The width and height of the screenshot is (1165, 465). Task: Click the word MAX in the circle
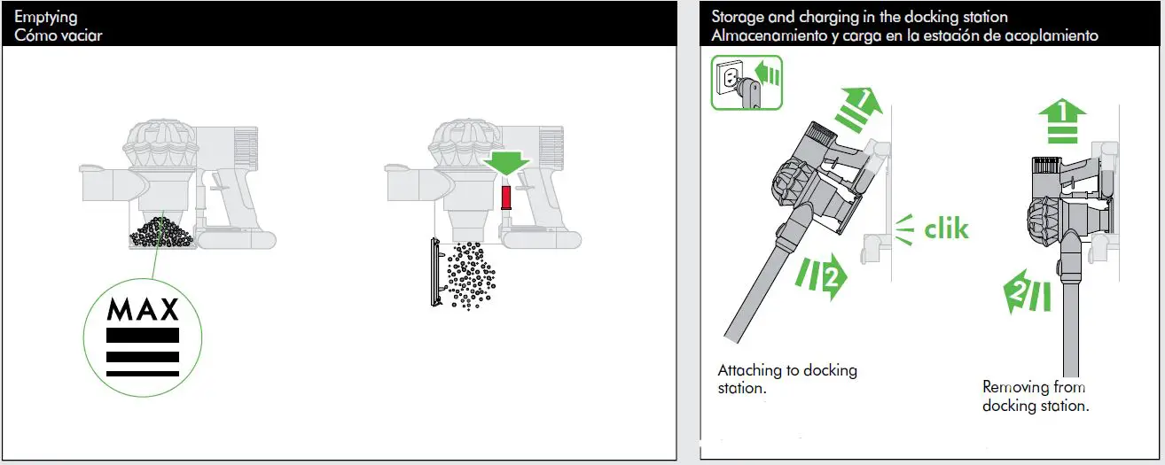click(143, 309)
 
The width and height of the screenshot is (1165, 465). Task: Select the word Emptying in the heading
click(45, 17)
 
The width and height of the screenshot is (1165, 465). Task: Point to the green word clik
click(946, 229)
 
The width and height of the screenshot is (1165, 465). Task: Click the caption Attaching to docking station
click(786, 379)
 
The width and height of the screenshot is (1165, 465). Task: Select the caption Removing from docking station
click(1035, 396)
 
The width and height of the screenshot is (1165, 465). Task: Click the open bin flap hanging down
click(436, 272)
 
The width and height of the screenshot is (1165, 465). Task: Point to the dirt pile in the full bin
click(161, 233)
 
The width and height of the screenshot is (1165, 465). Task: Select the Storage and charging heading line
click(859, 17)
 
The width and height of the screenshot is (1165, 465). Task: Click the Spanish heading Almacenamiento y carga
click(904, 35)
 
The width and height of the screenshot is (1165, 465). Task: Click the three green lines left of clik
click(903, 229)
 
